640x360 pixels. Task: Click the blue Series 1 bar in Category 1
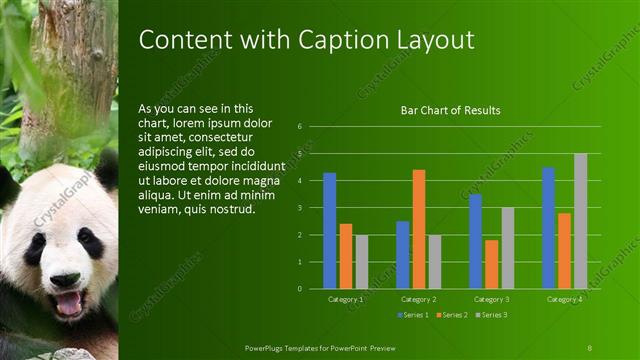pos(330,231)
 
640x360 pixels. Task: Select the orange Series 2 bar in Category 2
pos(418,229)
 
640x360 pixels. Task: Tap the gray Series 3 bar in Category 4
pos(580,221)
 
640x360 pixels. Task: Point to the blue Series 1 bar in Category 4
pos(548,228)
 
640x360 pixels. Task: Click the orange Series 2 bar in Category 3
pos(491,264)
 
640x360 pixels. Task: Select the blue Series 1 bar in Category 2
pos(402,255)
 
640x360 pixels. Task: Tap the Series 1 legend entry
pos(415,315)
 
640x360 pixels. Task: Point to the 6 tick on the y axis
pos(299,127)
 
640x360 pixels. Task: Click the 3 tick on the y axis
pos(299,208)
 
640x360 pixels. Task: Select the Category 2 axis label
pos(418,299)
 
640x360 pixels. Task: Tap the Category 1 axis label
pos(346,299)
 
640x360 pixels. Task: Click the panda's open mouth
pos(69,302)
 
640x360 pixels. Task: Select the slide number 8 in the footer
pos(590,347)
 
